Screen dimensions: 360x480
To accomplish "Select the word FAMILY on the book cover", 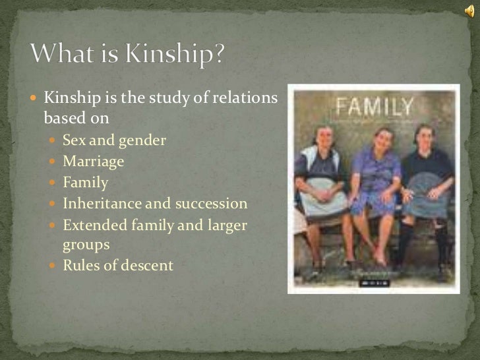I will pyautogui.click(x=375, y=106).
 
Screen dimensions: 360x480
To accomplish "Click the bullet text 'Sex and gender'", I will pyautogui.click(x=114, y=140).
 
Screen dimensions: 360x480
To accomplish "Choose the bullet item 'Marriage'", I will pyautogui.click(x=93, y=161).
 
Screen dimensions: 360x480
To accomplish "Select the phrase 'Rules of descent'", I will pyautogui.click(x=117, y=266).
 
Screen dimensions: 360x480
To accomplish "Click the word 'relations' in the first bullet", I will pyautogui.click(x=244, y=99).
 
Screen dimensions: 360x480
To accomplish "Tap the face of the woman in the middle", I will pyautogui.click(x=382, y=140).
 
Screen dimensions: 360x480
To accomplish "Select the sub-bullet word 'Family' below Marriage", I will pyautogui.click(x=85, y=183).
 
